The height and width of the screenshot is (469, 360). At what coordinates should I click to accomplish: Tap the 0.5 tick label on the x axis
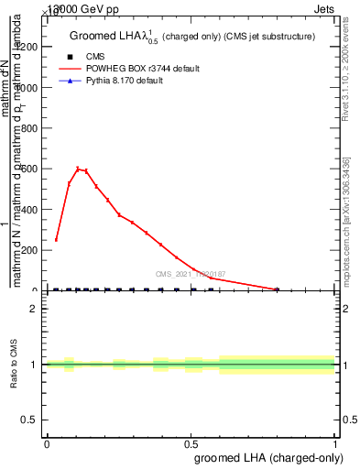point(191,443)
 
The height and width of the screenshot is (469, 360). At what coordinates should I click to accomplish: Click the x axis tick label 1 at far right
point(335,443)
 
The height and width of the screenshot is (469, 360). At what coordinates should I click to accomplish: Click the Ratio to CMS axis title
point(13,365)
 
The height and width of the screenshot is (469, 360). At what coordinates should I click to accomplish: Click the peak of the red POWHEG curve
point(78,169)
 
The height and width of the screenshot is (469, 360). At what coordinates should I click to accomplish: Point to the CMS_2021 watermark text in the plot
point(191,274)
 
